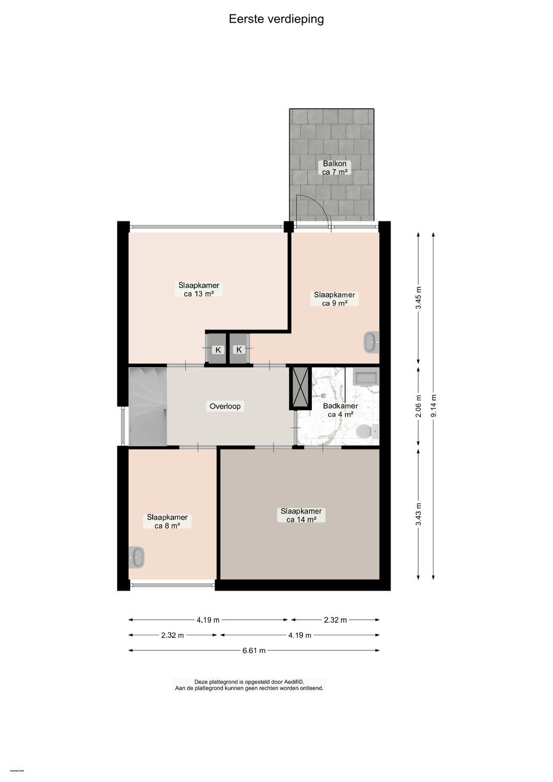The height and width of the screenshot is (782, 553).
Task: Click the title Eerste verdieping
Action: point(276,19)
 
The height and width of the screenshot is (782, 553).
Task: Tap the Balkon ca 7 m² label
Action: point(334,168)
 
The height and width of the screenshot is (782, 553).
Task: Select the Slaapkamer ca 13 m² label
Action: point(199,290)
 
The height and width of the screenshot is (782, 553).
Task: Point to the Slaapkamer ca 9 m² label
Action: point(334,299)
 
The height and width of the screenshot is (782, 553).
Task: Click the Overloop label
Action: point(225,406)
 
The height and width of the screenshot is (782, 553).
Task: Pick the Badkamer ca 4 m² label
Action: point(341,410)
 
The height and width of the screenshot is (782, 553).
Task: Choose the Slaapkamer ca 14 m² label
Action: point(301,516)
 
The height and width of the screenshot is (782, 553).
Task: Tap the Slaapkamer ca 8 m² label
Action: point(167,522)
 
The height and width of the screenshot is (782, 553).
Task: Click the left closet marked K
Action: point(218,350)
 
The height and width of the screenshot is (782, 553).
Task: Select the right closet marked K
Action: point(239,349)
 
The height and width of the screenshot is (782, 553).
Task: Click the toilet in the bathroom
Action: point(365,431)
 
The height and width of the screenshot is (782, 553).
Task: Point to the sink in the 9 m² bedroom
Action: point(371,342)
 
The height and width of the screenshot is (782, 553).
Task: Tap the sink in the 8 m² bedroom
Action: point(136,557)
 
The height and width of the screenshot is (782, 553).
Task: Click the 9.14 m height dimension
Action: point(434,406)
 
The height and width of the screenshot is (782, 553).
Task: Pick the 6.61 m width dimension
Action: point(254,650)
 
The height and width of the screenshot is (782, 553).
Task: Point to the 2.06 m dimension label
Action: point(418,406)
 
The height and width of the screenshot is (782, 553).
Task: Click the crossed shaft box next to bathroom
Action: point(301,388)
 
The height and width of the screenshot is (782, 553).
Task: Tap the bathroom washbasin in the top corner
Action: point(366,378)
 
